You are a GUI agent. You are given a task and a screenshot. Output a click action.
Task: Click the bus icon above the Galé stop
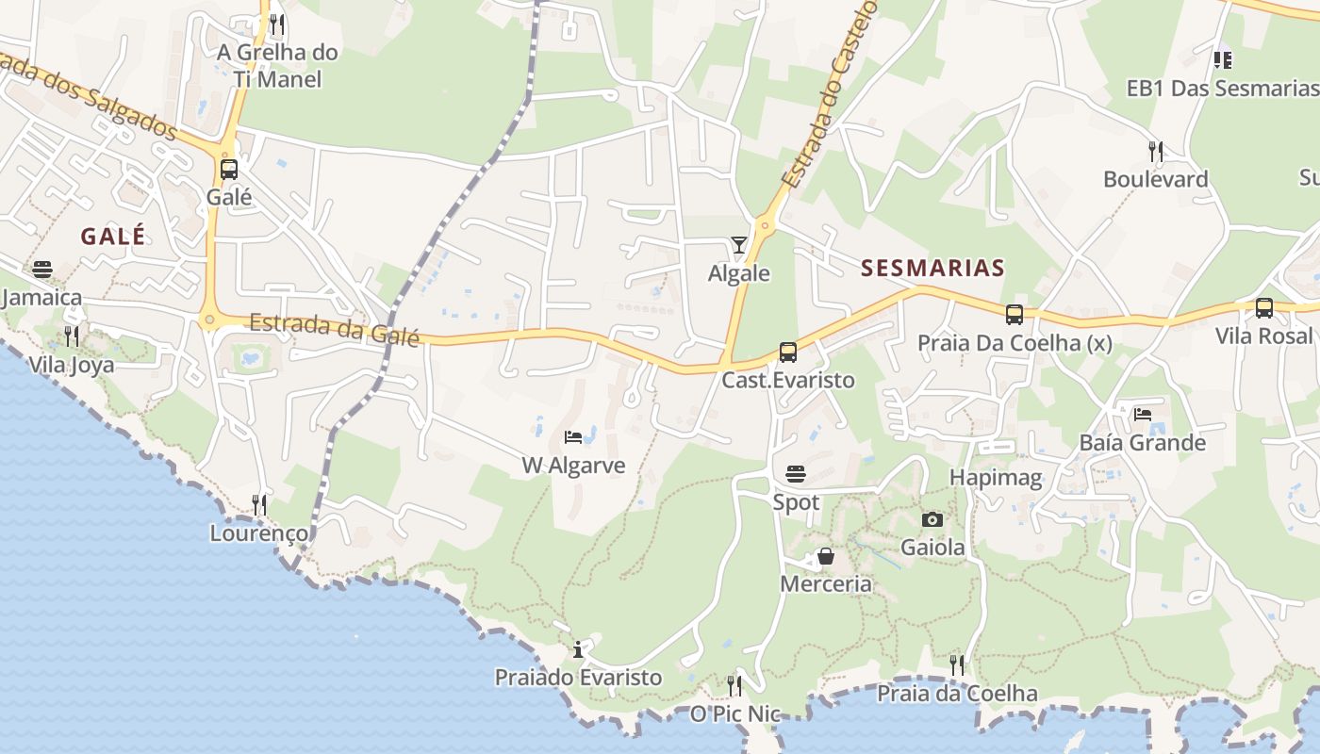pyautogui.click(x=229, y=170)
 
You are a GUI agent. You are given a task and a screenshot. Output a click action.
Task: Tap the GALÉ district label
pyautogui.click(x=113, y=236)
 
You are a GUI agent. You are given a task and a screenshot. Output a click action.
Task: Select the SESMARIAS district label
pyautogui.click(x=932, y=269)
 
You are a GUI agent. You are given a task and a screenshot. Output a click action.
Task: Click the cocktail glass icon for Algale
pyautogui.click(x=739, y=245)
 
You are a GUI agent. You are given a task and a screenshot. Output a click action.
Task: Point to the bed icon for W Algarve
pyautogui.click(x=572, y=436)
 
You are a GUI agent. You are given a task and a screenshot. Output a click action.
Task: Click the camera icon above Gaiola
pyautogui.click(x=932, y=519)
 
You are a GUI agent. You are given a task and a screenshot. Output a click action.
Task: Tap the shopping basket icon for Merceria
pyautogui.click(x=826, y=556)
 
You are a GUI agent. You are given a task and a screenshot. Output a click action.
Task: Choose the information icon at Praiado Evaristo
pyautogui.click(x=578, y=649)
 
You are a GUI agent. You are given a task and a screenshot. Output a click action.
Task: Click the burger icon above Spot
pyautogui.click(x=796, y=473)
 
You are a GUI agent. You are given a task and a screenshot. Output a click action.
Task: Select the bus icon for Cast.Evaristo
pyautogui.click(x=788, y=352)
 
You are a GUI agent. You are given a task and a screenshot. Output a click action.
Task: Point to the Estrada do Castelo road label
pyautogui.click(x=830, y=94)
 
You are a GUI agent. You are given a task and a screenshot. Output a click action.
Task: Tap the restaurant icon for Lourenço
pyautogui.click(x=259, y=505)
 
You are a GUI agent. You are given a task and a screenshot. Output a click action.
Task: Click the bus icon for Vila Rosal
pyautogui.click(x=1264, y=308)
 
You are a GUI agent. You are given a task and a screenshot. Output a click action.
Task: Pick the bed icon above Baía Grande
pyautogui.click(x=1143, y=414)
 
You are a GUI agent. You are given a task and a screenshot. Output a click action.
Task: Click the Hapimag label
pyautogui.click(x=996, y=478)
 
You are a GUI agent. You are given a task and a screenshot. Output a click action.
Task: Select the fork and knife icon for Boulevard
pyautogui.click(x=1155, y=151)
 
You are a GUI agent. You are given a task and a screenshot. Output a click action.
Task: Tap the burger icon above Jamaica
pyautogui.click(x=42, y=270)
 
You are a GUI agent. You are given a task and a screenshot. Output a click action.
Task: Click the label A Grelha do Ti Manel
pyautogui.click(x=277, y=65)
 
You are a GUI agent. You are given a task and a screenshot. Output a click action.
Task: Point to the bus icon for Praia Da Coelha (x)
pyautogui.click(x=1015, y=315)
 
